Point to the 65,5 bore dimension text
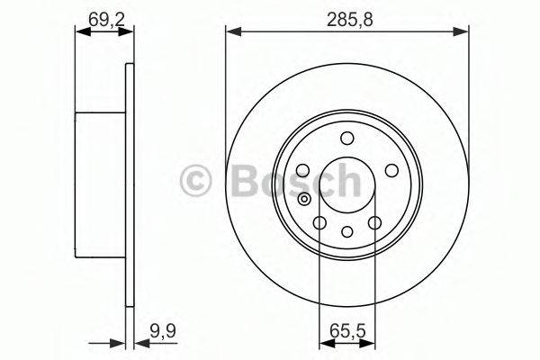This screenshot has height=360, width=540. [346, 331]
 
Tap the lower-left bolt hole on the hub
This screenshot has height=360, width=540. [319, 222]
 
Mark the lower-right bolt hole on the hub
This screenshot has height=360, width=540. [374, 222]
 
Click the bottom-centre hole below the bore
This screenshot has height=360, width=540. [346, 232]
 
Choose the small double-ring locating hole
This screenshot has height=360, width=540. [306, 200]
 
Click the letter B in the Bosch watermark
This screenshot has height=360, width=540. [247, 182]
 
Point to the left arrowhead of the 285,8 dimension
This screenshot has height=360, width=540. [231, 31]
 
